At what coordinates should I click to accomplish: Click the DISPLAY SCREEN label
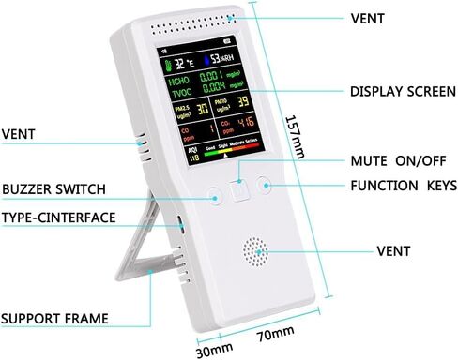[x=403, y=91]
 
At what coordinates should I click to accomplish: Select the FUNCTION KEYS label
[x=403, y=185]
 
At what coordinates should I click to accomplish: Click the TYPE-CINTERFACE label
[x=58, y=217]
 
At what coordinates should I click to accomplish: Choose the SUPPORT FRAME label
[x=54, y=318]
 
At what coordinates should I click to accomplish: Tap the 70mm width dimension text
[x=274, y=333]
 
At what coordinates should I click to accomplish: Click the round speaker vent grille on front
[x=255, y=250]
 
